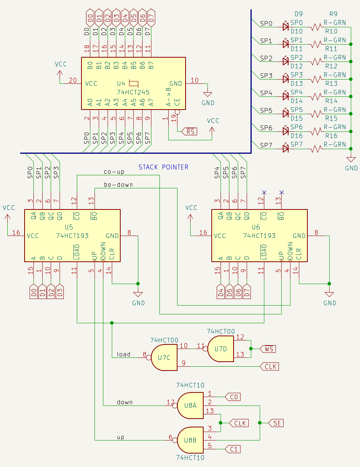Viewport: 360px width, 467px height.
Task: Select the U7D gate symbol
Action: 221,349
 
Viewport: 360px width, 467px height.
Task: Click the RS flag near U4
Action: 190,131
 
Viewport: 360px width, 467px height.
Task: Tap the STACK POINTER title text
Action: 163,167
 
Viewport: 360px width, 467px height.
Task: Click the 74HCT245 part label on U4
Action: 133,92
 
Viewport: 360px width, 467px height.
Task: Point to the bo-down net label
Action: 118,185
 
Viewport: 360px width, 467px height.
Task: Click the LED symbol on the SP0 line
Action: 285,27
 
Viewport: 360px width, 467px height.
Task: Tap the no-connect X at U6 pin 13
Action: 282,192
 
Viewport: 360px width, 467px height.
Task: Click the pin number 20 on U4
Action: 73,80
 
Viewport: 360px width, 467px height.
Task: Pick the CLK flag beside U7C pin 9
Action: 270,367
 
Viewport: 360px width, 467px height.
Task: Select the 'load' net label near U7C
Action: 123,354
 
